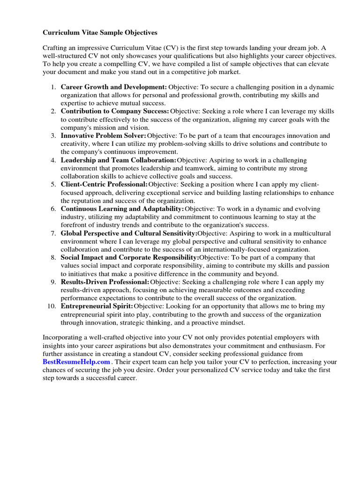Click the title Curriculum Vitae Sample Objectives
[100, 33]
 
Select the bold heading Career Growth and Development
[114, 87]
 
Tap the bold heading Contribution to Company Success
[115, 112]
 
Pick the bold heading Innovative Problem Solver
[104, 136]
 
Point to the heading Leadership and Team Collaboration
[119, 160]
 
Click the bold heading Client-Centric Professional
[104, 185]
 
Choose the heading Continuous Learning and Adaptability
[122, 209]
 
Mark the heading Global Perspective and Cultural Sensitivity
[129, 233]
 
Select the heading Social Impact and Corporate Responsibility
[130, 258]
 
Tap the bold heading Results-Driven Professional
[105, 282]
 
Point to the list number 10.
[52, 307]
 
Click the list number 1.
[54, 87]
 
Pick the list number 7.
[54, 233]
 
